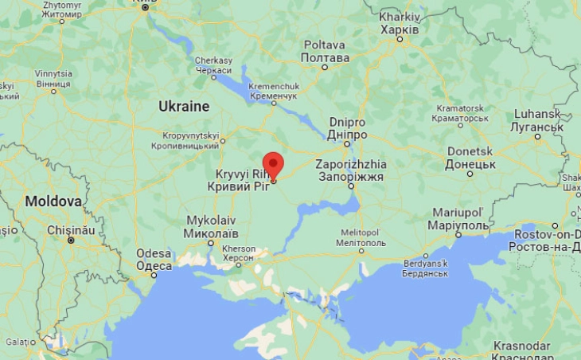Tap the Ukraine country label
tap(184, 106)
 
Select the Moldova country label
tap(53, 202)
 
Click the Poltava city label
tap(325, 51)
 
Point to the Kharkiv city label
tap(400, 23)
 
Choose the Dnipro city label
tap(348, 129)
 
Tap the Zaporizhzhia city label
tap(350, 170)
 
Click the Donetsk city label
tap(470, 158)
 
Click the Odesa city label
tap(154, 260)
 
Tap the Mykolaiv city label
tap(211, 226)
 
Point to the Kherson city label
tap(239, 253)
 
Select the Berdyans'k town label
tap(426, 268)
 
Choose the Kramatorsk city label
tap(459, 112)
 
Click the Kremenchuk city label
tap(273, 90)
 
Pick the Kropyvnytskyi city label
tap(190, 140)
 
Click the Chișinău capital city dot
tap(71, 239)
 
